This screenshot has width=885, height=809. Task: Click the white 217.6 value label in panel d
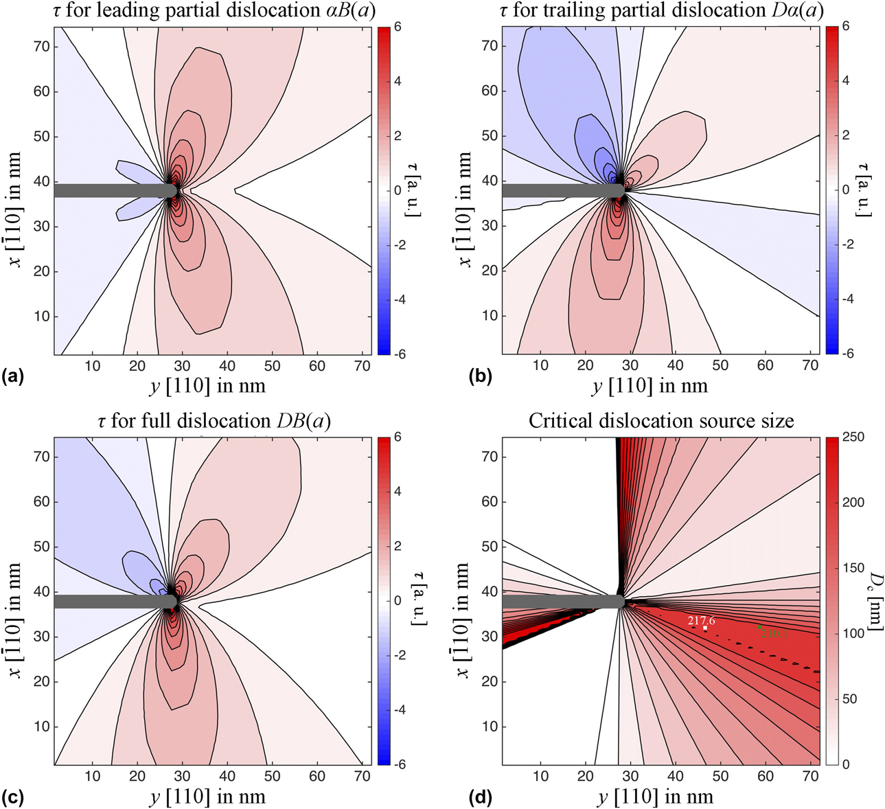coord(701,620)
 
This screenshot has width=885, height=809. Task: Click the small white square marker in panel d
coord(705,628)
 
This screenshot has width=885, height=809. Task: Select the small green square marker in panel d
coord(759,626)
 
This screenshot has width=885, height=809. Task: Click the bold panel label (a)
coord(14,376)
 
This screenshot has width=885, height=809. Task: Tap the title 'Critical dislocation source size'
coord(660,420)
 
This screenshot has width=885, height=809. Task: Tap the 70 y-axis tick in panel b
coord(489,46)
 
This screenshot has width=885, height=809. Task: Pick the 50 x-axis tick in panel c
coord(273,776)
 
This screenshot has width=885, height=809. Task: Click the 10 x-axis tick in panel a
coord(92,365)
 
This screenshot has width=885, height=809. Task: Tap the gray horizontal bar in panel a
coord(110,190)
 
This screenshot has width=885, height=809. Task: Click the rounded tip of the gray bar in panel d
coord(619,601)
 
